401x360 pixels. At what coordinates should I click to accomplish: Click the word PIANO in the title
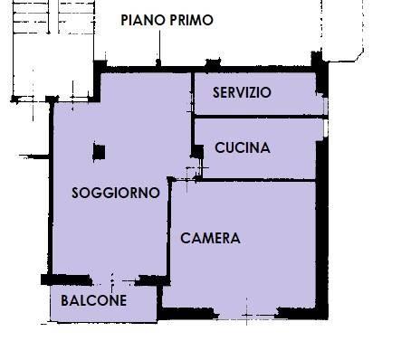(143, 20)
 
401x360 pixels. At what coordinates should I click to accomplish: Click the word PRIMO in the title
(191, 20)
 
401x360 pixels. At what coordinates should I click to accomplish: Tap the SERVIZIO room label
(242, 92)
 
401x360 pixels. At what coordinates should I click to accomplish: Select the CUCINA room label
(243, 147)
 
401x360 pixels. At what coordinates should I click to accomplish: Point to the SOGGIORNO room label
(116, 193)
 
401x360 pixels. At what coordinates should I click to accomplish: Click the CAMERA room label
(210, 238)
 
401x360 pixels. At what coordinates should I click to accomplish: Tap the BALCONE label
(93, 300)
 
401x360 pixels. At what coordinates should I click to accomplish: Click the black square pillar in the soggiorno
(99, 152)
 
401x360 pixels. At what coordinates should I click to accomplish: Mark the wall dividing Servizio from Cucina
(261, 116)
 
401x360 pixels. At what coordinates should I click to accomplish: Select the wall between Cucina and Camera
(259, 180)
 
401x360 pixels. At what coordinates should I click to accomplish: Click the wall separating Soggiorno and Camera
(169, 228)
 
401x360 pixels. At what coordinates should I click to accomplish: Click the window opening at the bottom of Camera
(248, 316)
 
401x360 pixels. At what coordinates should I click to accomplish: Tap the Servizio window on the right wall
(325, 105)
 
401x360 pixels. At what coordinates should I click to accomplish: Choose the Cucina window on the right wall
(325, 128)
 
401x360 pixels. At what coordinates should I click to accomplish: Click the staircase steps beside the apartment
(53, 17)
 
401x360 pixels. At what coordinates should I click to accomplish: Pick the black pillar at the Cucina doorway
(197, 152)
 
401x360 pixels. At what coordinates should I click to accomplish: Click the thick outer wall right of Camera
(322, 229)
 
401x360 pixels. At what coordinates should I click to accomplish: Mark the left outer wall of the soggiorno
(51, 188)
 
